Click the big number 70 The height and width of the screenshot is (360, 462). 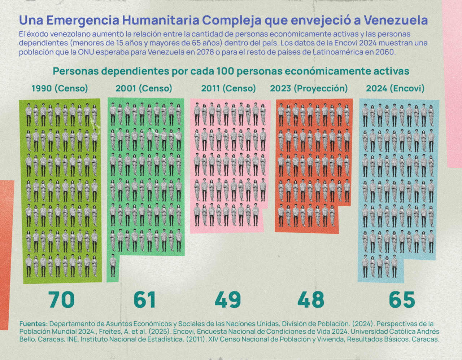point(61,300)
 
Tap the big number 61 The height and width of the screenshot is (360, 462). point(145,300)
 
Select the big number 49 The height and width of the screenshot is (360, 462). point(228,300)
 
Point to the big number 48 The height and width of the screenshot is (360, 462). point(311,300)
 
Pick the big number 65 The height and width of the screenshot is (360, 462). point(402,300)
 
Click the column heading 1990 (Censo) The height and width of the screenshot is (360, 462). point(60,88)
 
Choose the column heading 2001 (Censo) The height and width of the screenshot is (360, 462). point(144,88)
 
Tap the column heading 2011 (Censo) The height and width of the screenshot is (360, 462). point(228,88)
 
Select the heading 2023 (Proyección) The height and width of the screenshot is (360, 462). point(309,88)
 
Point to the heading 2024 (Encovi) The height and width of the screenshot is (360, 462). point(395,88)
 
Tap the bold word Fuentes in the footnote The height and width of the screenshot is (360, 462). point(33,324)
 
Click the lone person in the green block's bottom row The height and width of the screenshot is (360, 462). point(113,265)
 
